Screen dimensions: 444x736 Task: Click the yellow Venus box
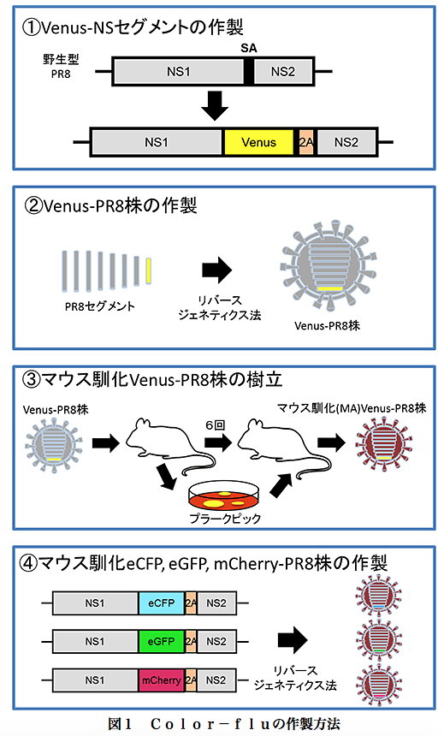point(258,142)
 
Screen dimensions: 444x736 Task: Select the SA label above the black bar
point(249,48)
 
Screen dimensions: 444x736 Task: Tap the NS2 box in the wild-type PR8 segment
point(283,72)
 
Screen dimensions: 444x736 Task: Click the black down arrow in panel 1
point(215,105)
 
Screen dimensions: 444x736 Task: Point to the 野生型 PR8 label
point(61,66)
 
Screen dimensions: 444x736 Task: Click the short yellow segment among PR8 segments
point(148,270)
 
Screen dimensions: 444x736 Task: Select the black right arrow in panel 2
point(216,270)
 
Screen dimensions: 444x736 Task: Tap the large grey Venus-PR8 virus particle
point(328,266)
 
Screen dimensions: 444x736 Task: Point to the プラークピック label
point(225,519)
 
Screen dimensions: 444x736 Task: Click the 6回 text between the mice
point(216,425)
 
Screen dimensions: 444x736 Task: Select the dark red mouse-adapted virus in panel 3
point(383,445)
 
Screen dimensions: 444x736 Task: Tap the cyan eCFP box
point(162,603)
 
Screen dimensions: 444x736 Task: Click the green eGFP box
point(162,642)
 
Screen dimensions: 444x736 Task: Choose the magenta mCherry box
point(162,680)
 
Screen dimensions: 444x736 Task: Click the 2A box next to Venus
point(305,142)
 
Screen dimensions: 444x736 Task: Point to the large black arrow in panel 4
point(293,640)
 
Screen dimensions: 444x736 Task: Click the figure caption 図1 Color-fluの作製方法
point(224,724)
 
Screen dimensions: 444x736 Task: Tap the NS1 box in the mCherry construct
point(95,680)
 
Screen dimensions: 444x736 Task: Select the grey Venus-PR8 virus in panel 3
point(54,444)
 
